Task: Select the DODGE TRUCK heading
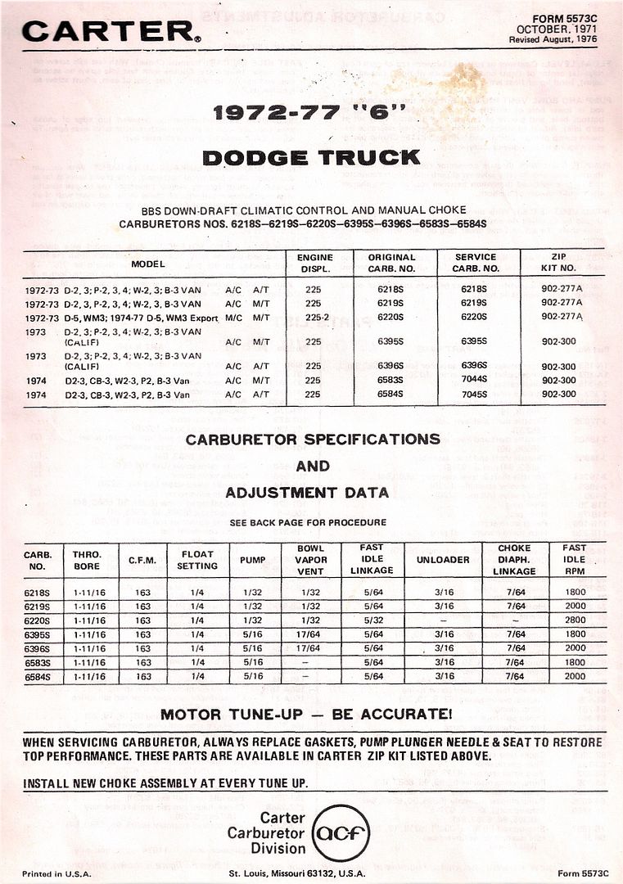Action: click(x=311, y=157)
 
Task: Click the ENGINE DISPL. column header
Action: click(x=314, y=263)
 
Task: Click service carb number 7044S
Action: click(x=476, y=380)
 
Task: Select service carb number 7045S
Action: click(x=476, y=394)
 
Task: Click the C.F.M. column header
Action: click(x=143, y=560)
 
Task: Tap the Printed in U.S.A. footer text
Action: click(x=55, y=873)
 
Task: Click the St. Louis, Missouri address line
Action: click(x=308, y=873)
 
